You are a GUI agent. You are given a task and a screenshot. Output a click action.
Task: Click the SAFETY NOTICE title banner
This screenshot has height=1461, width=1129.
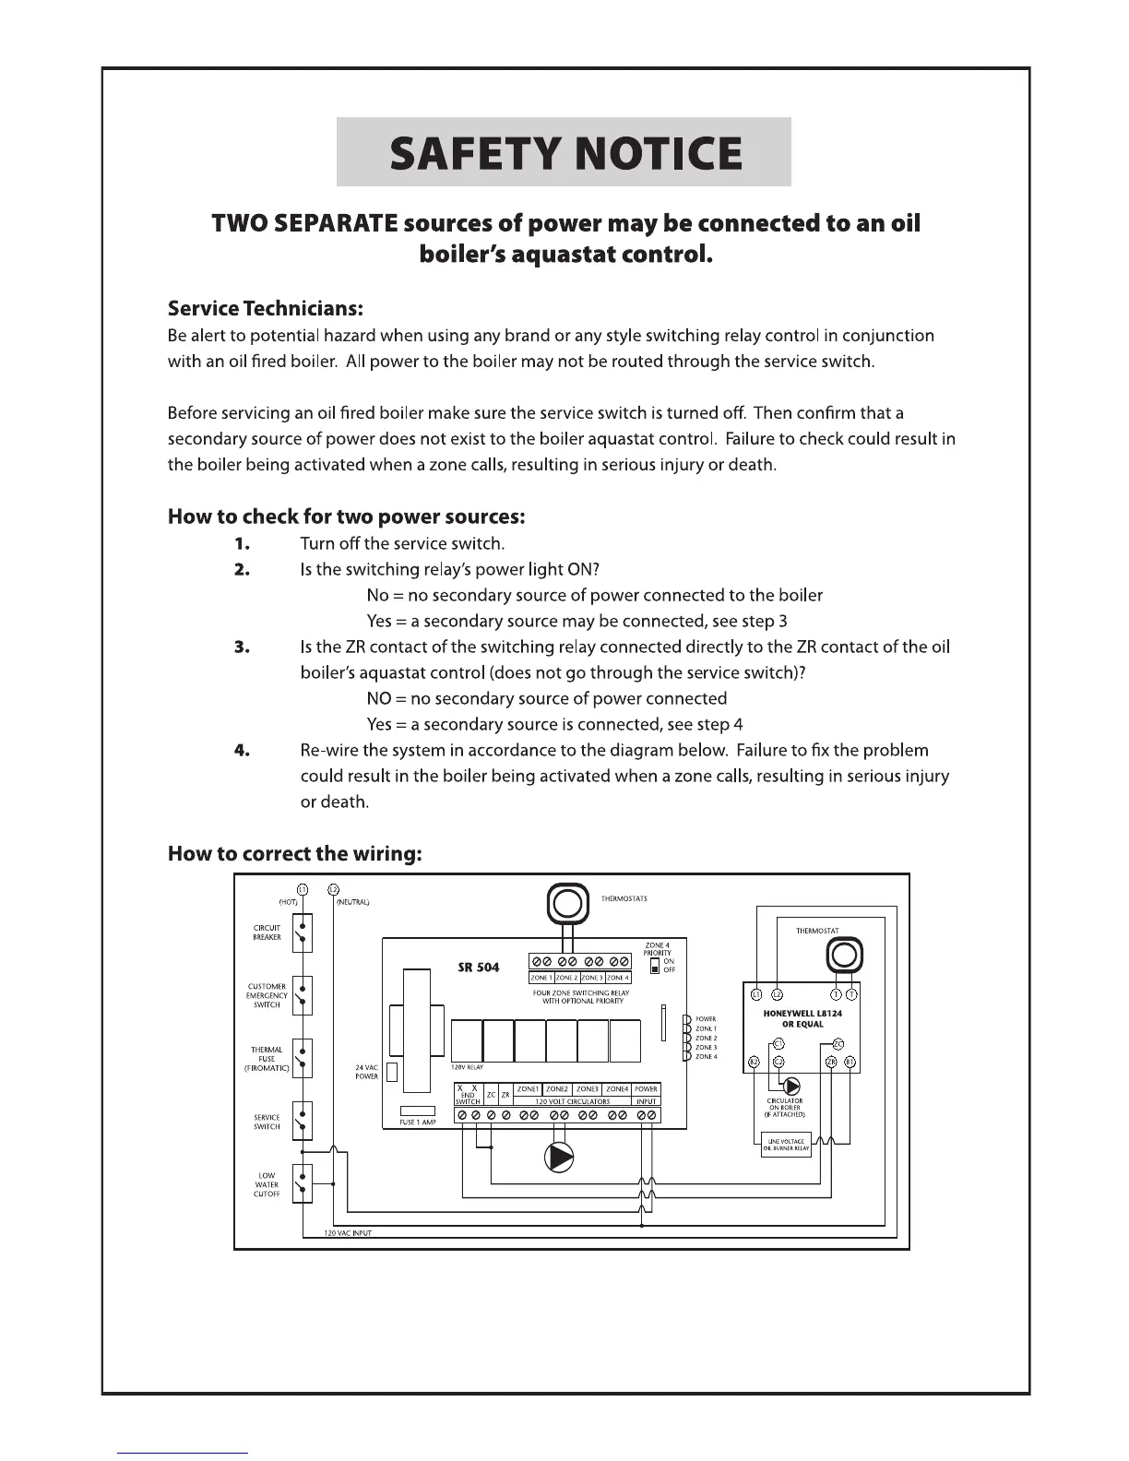click(564, 152)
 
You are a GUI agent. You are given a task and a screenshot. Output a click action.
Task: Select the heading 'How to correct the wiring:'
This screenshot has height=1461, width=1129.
click(295, 853)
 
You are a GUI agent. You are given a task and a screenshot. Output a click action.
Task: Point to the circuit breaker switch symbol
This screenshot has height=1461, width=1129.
click(302, 933)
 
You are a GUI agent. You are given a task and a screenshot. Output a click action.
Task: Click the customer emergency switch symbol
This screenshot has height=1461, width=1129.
click(302, 996)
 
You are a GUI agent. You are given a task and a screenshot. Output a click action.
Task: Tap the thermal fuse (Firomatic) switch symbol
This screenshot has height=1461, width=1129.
click(302, 1059)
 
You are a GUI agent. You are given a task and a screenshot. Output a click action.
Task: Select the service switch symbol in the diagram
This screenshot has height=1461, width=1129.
click(302, 1122)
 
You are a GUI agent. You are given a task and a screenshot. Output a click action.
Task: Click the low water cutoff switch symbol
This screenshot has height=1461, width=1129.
click(302, 1184)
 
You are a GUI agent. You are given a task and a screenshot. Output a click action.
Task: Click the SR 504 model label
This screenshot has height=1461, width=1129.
click(479, 968)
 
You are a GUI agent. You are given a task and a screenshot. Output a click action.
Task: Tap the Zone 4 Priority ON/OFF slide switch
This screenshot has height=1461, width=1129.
click(655, 966)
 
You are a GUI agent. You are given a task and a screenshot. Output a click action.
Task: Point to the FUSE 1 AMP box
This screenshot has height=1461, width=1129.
click(418, 1111)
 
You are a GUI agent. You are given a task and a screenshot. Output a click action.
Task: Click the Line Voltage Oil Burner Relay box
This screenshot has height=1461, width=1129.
click(786, 1145)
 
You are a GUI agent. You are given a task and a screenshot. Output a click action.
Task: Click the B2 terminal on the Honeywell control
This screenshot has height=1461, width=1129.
click(754, 1062)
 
